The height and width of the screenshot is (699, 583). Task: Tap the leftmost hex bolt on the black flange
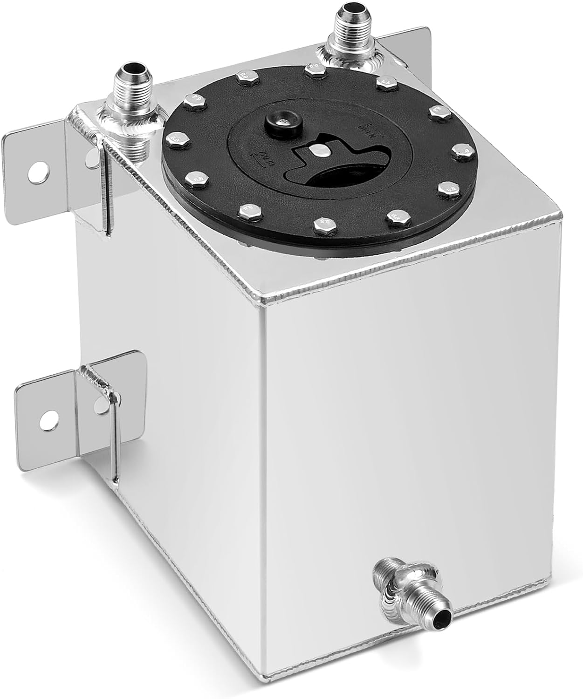(x=174, y=138)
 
